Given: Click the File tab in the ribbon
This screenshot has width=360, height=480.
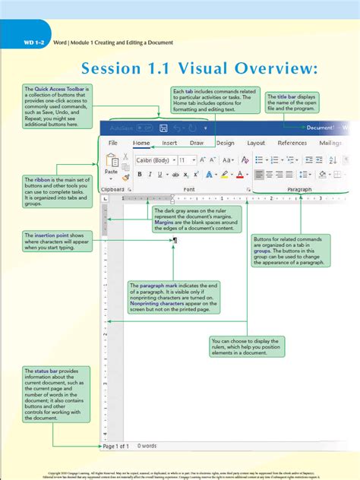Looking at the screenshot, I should click(112, 143).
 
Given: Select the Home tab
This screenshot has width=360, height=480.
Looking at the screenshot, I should click(141, 143).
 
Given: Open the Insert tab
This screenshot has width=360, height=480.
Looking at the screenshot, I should click(169, 143).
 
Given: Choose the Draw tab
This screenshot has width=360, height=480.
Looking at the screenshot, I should click(197, 143).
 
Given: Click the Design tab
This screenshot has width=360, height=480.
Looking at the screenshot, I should click(225, 143).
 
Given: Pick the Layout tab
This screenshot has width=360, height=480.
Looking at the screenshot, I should click(256, 143).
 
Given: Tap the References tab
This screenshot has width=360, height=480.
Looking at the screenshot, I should click(292, 143).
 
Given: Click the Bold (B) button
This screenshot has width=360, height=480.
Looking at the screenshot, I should click(139, 175).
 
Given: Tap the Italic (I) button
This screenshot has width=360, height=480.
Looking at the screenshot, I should click(150, 175).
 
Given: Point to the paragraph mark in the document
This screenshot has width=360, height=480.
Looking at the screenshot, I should click(175, 241).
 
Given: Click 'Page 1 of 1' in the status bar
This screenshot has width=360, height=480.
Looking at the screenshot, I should click(116, 446).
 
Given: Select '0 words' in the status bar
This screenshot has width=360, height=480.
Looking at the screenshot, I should click(149, 446).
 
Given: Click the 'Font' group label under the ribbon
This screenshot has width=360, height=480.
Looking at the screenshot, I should click(189, 188).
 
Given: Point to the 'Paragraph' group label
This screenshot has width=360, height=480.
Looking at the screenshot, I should click(299, 188).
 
